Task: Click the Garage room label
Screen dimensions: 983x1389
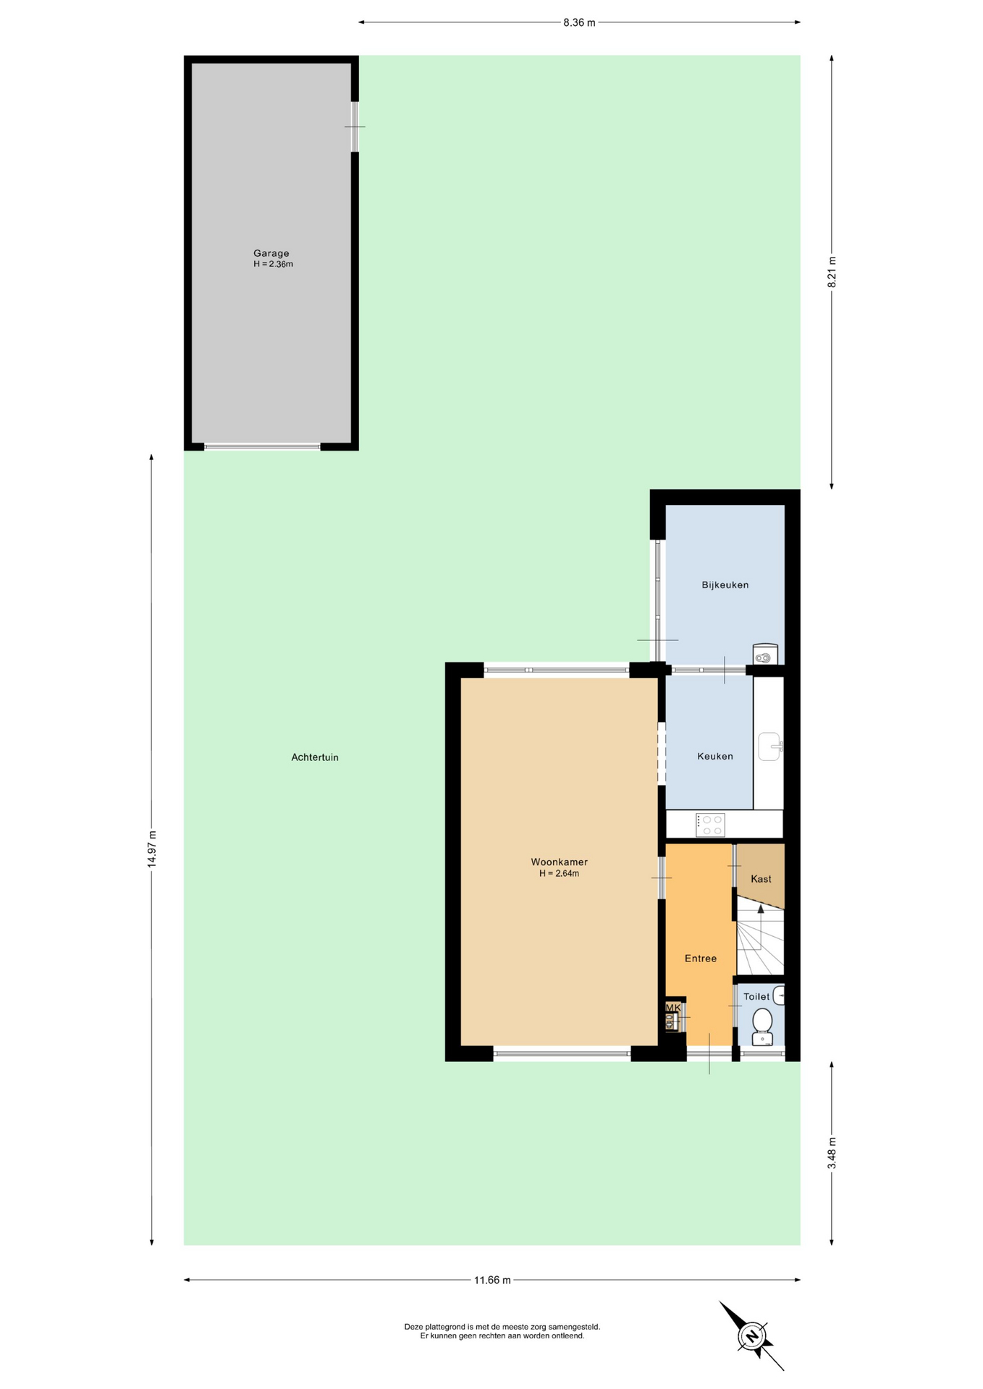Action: (x=271, y=253)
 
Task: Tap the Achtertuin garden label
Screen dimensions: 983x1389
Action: (x=315, y=757)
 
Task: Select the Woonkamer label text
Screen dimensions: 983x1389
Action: (x=560, y=862)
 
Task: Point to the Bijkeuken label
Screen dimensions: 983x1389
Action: (x=725, y=585)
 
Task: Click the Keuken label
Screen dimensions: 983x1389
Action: (x=715, y=756)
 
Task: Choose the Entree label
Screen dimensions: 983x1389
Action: (x=701, y=958)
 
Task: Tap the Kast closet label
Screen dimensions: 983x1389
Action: (x=761, y=878)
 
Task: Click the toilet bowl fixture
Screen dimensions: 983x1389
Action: (x=762, y=1027)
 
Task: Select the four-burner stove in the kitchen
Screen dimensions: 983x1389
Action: (x=710, y=825)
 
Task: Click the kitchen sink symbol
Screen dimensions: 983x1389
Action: (x=770, y=746)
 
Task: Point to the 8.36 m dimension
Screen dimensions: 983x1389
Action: (x=579, y=22)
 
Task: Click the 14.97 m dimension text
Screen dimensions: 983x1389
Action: (x=151, y=849)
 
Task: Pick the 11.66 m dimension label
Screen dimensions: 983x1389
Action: (x=492, y=1280)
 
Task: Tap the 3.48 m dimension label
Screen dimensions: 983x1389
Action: (x=832, y=1153)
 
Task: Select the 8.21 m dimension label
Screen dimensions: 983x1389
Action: (x=832, y=272)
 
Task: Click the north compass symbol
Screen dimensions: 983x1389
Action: (x=752, y=1335)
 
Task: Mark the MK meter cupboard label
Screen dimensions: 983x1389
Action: (x=673, y=1007)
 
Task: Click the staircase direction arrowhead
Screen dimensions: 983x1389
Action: (x=760, y=909)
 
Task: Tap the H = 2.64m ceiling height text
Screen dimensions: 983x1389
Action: (x=559, y=873)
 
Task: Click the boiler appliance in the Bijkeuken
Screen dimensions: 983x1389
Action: (x=765, y=654)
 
